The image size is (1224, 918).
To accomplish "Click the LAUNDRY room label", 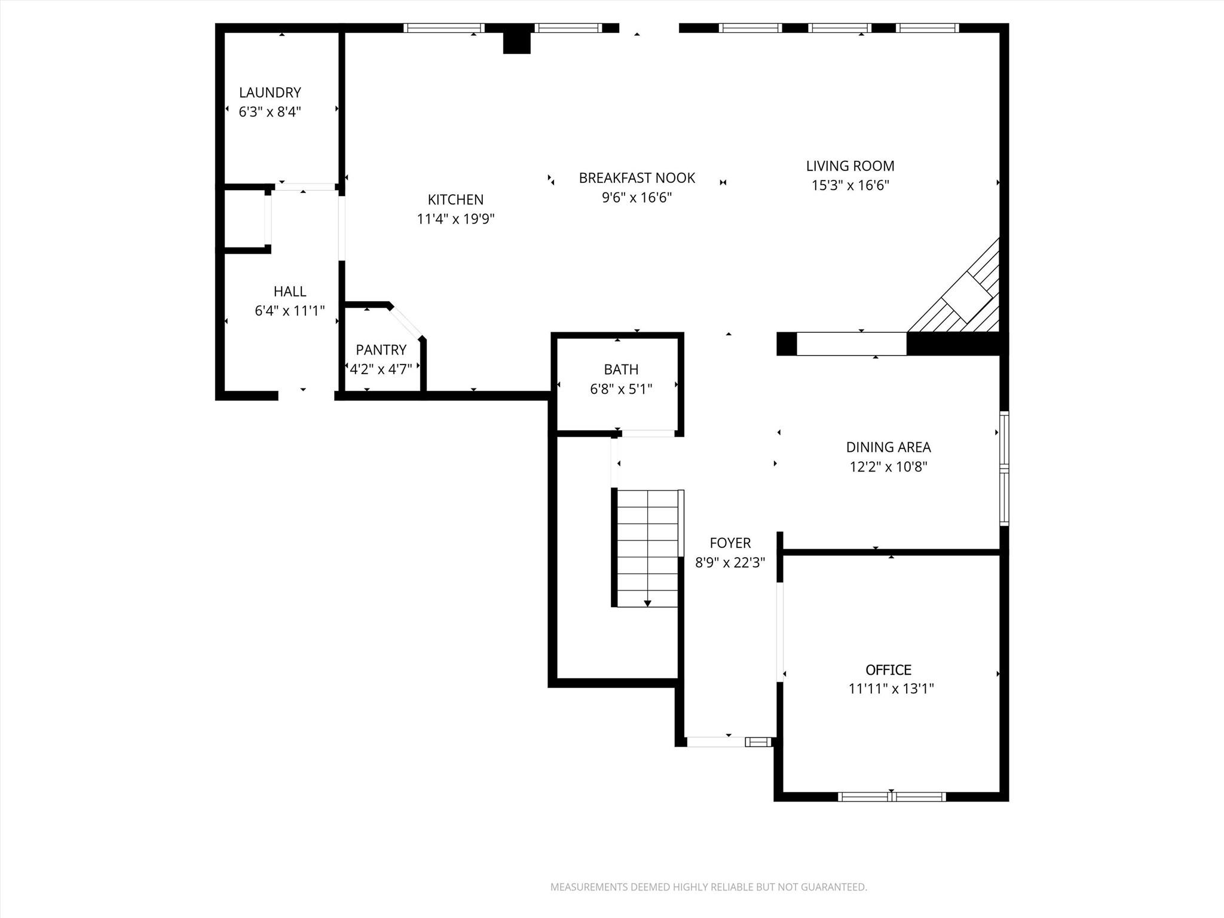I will coord(270,93).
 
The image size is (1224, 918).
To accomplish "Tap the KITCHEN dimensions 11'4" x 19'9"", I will coord(455,219).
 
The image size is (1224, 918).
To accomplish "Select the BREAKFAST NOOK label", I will coord(637,178).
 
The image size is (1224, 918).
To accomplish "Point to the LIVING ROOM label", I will coord(850,166).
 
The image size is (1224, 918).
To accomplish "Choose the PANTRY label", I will coord(381,350).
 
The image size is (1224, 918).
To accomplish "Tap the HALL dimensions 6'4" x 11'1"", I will coord(290,311).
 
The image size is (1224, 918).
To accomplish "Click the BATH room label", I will coord(621,369).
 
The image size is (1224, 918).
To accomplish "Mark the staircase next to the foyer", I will coord(647,547).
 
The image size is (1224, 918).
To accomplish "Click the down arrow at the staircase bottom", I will coord(647,604).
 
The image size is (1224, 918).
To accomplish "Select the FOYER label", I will coord(730,543).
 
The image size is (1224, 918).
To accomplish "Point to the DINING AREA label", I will coord(888,447).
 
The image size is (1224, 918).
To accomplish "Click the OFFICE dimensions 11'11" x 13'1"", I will coord(891,688).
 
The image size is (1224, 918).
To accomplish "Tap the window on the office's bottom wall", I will coord(891,796).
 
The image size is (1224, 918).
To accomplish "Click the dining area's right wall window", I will coord(1005,469).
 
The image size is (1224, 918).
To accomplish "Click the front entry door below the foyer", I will coord(715,742).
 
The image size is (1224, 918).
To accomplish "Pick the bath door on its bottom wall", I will coord(647,433).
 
